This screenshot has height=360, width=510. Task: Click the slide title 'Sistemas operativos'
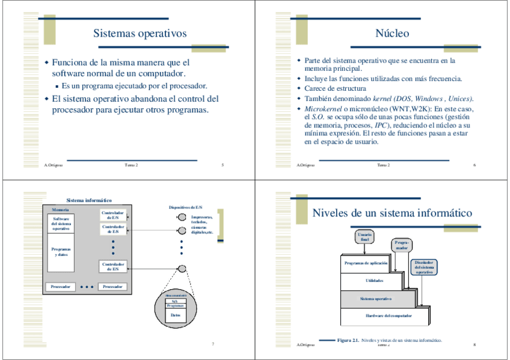click(140, 34)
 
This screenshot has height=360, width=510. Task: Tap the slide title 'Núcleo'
click(392, 34)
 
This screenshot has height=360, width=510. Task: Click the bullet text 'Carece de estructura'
click(335, 88)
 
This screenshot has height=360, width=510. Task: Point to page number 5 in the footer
click(223, 165)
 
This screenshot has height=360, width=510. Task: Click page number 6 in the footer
click(475, 165)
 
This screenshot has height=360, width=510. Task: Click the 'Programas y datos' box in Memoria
click(61, 252)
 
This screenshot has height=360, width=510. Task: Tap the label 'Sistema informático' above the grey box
click(89, 200)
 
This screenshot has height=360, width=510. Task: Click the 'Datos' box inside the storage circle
click(175, 315)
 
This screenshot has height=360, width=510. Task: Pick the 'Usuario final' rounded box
click(364, 236)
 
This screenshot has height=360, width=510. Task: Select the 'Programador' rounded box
click(402, 245)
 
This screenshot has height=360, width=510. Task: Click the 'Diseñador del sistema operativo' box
click(424, 267)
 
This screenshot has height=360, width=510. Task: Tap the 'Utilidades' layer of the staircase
click(374, 281)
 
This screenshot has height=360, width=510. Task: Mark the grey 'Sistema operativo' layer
click(376, 299)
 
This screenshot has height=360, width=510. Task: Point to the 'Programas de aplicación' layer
click(366, 263)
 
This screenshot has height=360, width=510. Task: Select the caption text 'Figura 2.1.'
click(348, 340)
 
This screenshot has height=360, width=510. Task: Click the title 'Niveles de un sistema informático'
click(392, 213)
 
